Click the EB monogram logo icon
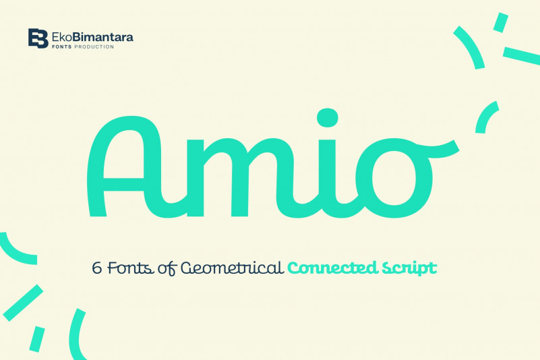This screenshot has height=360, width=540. pos(38,38)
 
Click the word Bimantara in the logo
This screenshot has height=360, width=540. pos(103,37)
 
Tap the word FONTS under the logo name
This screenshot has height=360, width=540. pos(62,47)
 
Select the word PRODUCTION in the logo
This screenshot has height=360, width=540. pos(94,47)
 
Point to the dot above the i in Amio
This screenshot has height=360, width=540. pos(327,118)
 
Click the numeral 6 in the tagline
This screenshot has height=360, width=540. pos(97,268)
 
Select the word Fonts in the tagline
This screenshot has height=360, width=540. pos(131,268)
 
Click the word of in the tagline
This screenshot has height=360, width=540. pos(167,269)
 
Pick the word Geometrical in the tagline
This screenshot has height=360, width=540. pos(233,268)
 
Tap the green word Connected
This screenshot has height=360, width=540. pos(332,268)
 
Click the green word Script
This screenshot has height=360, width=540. pos(409,269)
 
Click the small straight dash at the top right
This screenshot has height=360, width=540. pos(501,23)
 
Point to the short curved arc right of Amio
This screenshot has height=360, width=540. pos(484,116)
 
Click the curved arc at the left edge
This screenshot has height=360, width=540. pos(16,253)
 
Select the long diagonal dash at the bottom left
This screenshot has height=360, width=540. pos(23,303)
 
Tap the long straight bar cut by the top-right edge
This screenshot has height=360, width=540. pos(521,56)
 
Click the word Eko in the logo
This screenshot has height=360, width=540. pos(62,37)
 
